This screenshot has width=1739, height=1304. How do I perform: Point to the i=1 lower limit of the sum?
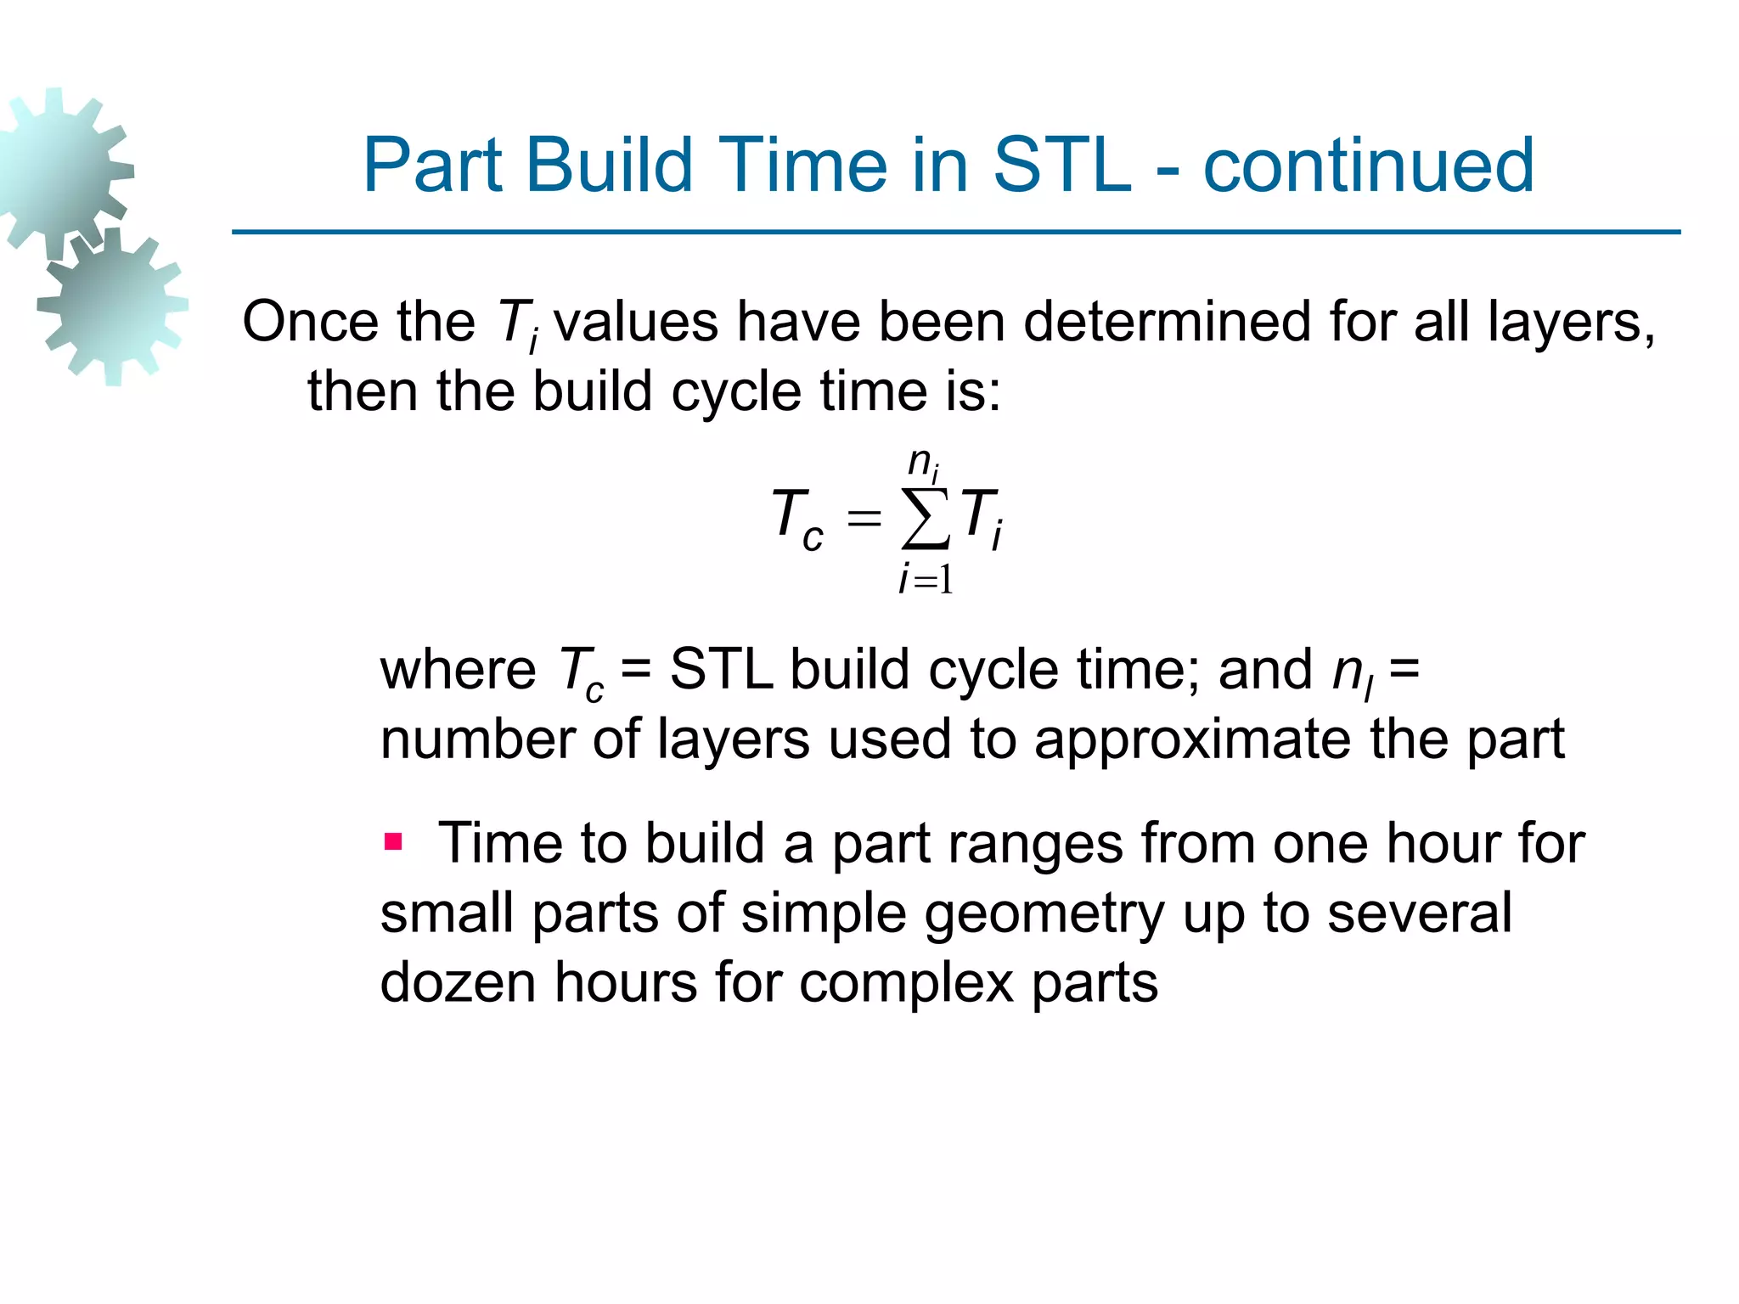pos(926,580)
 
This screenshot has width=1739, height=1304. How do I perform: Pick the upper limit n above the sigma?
pos(922,464)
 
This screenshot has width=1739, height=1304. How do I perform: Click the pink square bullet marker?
pos(392,842)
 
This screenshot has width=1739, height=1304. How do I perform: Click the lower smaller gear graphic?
pos(113,306)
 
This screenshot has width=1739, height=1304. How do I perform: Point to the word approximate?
pos(1193,739)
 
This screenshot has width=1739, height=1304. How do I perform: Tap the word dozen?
pos(458,982)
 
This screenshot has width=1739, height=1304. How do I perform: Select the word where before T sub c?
pos(458,670)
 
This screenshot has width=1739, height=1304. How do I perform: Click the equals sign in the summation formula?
pos(864,517)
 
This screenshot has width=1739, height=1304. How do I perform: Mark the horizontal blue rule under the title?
pos(956,232)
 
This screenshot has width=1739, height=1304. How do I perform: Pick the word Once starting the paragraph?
pos(310,323)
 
